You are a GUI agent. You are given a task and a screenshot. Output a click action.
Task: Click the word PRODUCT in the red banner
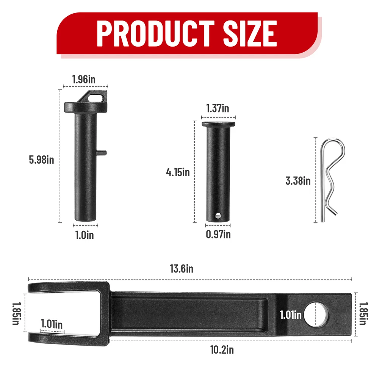click(155, 33)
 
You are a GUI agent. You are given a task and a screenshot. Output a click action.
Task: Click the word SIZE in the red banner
click(250, 33)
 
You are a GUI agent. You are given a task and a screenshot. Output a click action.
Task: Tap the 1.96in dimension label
click(84, 80)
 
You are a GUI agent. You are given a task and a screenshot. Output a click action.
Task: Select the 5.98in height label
click(41, 160)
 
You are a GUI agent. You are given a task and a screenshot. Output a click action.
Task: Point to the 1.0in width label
click(85, 235)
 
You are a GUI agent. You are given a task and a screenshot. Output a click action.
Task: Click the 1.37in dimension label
click(218, 108)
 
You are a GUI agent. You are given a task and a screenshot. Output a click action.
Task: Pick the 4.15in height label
click(178, 172)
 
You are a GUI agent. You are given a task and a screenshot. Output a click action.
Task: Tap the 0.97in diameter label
click(218, 235)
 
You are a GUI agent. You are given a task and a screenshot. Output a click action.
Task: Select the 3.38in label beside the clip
click(298, 181)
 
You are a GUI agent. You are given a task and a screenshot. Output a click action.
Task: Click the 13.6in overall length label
click(182, 269)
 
